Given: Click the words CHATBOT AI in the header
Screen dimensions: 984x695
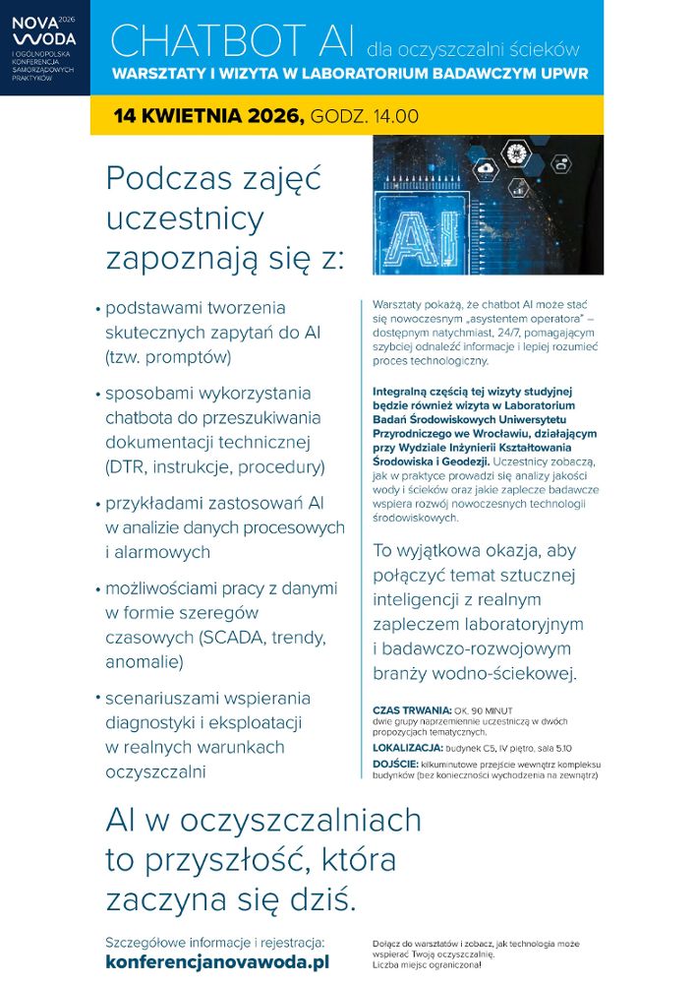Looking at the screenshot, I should pyautogui.click(x=233, y=39).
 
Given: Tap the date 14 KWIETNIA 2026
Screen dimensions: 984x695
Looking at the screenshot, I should pyautogui.click(x=208, y=116).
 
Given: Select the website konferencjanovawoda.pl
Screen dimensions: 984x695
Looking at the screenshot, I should pyautogui.click(x=217, y=961).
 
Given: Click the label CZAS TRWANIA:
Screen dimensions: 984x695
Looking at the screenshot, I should pyautogui.click(x=412, y=709).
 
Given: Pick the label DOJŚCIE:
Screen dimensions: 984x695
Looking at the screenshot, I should pyautogui.click(x=396, y=765).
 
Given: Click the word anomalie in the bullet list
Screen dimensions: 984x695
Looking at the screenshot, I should pyautogui.click(x=144, y=661).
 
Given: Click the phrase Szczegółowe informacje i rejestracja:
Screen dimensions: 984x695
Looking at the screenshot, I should pyautogui.click(x=214, y=941).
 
